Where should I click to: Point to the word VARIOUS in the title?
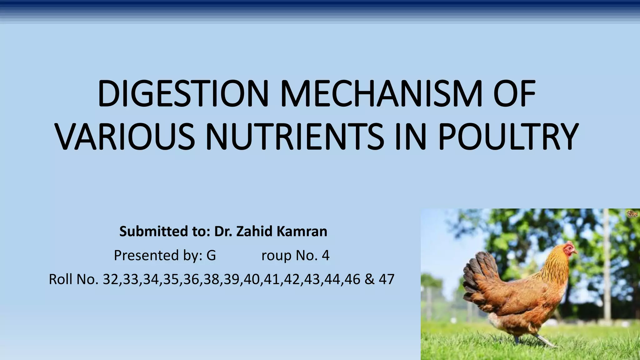(125, 137)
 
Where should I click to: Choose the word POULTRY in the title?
(508, 137)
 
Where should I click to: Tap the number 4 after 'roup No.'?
(325, 256)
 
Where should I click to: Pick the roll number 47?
(387, 279)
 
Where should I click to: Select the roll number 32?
(111, 279)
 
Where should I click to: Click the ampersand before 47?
(369, 279)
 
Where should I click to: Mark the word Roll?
(61, 279)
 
